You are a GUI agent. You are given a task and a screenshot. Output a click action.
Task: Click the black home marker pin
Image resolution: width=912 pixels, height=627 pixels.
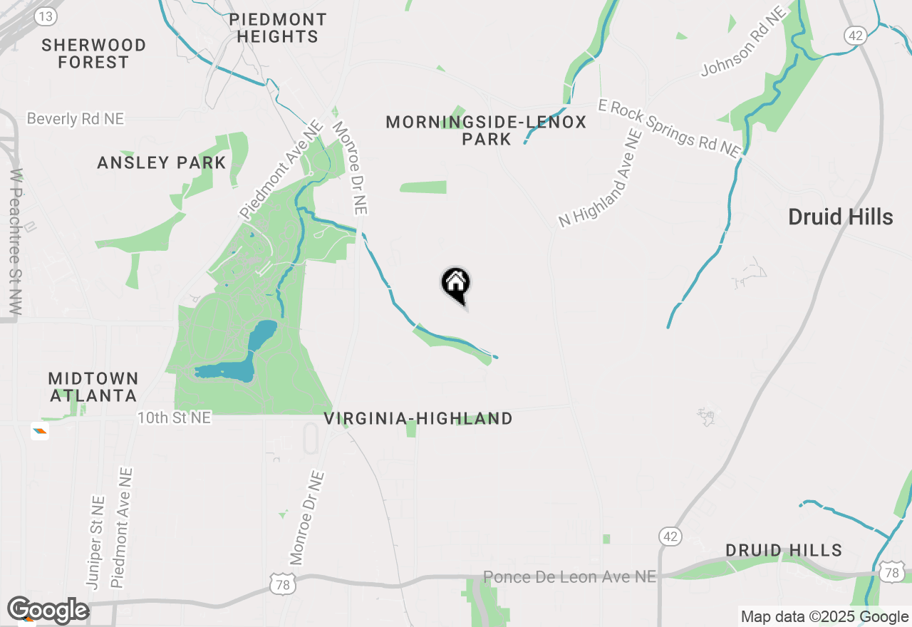456,284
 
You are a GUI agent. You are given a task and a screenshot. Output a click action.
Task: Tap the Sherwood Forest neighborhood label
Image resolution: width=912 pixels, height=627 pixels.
93,53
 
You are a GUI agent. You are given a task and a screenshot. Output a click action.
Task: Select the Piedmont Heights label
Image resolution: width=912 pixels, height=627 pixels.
278,28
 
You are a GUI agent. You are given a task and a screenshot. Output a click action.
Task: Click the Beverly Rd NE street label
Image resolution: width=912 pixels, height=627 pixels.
76,118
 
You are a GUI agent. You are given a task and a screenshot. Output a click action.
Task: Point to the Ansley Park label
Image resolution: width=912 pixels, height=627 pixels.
162,162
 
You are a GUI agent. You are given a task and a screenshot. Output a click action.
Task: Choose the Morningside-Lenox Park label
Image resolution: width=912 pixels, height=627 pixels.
486,130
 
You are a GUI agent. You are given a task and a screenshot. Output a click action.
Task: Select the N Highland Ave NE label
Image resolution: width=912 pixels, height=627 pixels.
596,179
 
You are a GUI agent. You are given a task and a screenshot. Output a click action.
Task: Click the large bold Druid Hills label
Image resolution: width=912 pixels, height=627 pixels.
840,217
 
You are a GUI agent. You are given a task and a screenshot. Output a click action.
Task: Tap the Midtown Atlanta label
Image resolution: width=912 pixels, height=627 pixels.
93,386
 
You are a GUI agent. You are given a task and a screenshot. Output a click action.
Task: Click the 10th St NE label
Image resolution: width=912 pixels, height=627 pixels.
174,418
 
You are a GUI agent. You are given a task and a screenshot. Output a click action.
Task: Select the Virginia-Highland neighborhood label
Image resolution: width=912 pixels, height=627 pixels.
418,418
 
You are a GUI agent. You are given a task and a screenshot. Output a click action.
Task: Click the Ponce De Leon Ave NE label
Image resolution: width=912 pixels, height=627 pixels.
569,576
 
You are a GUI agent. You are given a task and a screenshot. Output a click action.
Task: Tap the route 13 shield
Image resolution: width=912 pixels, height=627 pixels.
46,16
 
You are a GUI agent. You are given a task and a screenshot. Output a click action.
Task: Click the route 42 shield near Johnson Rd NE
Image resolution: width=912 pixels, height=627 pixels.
854,34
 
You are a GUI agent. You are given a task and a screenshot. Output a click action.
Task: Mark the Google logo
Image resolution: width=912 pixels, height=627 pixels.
47,611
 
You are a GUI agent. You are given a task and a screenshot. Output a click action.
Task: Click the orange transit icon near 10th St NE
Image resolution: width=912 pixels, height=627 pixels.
40,430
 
